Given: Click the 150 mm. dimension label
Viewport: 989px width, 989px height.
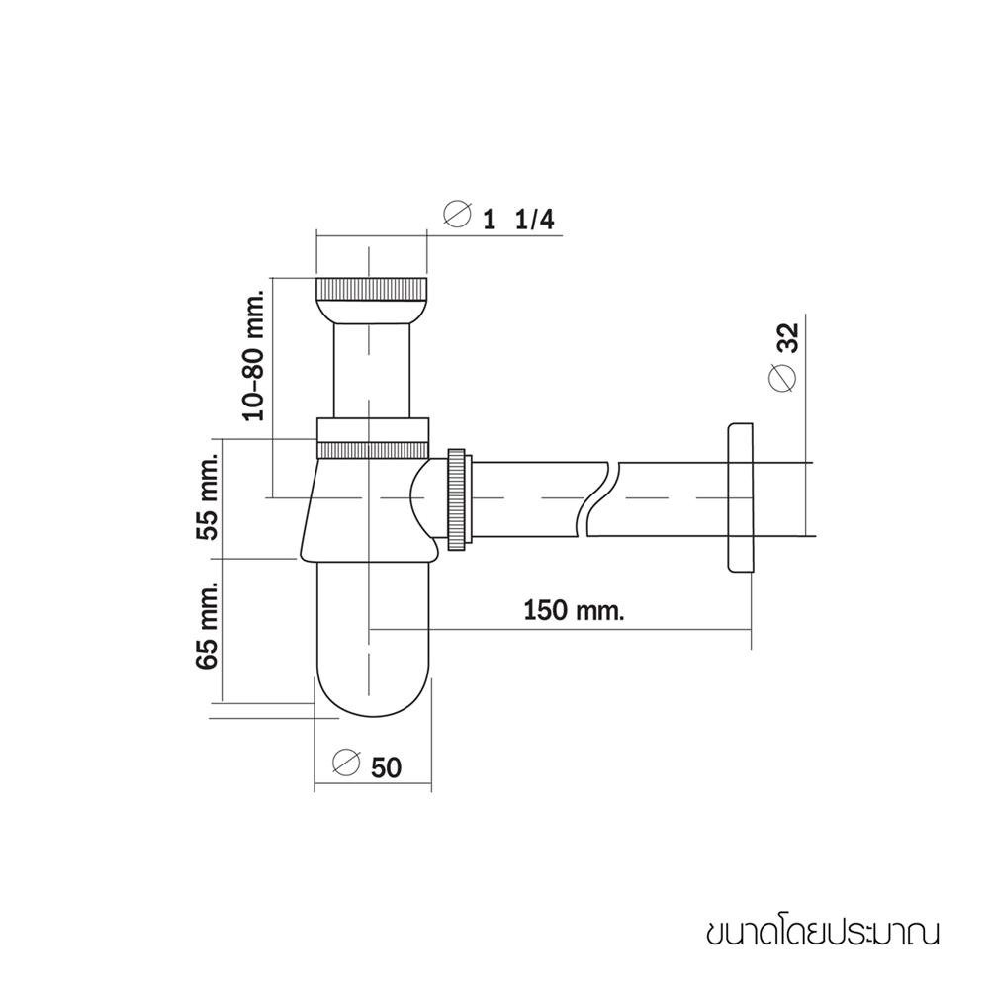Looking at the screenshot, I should pos(574,610).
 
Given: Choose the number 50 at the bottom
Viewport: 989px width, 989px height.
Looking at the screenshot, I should pos(386,766).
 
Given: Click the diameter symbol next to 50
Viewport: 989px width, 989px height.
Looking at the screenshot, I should pos(345,764).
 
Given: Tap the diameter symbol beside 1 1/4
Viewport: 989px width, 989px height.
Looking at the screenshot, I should pos(456,215).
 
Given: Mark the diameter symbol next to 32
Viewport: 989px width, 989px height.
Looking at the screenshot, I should pos(781,379).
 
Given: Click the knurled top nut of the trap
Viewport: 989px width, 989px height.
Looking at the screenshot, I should pos(371,292).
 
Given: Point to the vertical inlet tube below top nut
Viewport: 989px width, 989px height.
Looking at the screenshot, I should pos(371,371).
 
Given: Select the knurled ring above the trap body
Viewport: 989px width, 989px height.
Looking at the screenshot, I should pos(373,439).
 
